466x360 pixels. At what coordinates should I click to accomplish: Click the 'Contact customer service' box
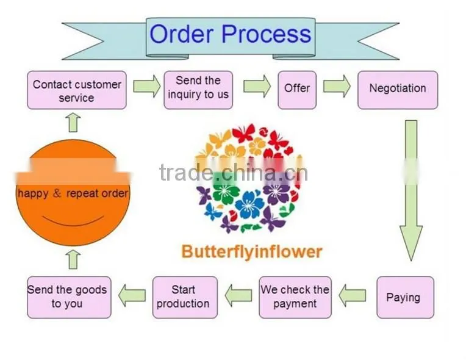77,90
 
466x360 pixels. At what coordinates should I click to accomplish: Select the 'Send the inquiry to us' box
198,90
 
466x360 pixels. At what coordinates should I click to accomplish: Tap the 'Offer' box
297,90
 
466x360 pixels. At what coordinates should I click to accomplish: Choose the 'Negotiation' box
398,90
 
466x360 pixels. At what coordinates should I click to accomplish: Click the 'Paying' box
406,297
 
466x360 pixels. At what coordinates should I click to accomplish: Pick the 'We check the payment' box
295,297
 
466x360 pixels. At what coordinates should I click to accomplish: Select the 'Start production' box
185,297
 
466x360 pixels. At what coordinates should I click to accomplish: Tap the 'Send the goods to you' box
69,297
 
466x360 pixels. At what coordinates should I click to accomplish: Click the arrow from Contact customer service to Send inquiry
147,86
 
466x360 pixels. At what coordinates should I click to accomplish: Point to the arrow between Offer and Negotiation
337,86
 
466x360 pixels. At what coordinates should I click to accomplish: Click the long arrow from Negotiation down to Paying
411,190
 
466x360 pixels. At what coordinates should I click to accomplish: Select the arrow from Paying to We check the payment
352,295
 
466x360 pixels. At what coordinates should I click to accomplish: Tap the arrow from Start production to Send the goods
132,295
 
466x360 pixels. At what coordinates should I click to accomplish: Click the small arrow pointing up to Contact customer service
73,122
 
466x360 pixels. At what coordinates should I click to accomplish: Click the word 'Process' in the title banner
267,34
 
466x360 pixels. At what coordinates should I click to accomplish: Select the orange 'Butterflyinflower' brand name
252,252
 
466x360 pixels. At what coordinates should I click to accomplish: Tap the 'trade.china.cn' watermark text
234,173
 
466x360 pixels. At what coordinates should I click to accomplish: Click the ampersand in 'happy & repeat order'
57,193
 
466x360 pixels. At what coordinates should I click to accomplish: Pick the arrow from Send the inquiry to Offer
257,86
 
